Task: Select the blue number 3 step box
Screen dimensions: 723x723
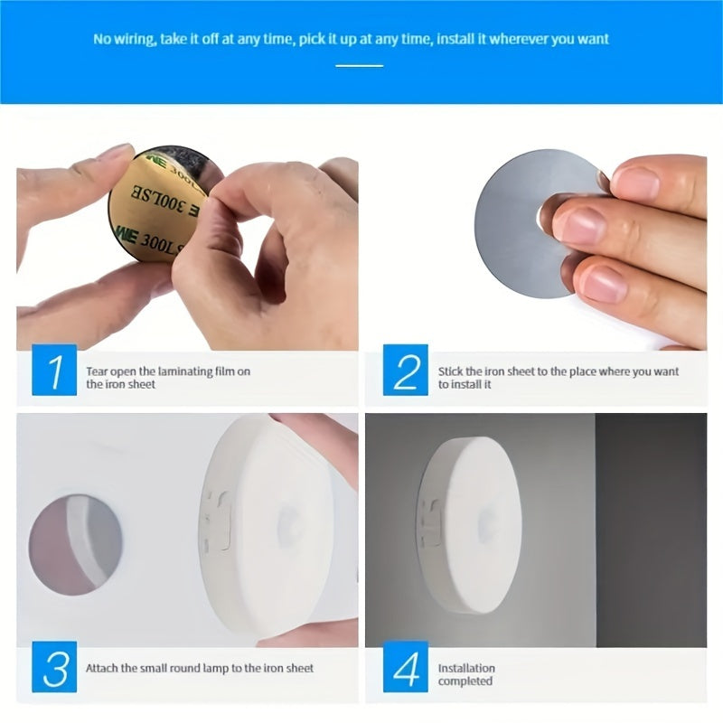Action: point(54,670)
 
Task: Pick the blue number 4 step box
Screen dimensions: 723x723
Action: point(405,670)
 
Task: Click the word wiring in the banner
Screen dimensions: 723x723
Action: point(135,40)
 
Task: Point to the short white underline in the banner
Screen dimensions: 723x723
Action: point(359,65)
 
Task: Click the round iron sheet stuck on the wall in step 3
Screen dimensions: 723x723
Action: point(76,543)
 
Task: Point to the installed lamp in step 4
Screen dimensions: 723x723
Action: point(470,525)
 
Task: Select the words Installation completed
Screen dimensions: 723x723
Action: point(466,674)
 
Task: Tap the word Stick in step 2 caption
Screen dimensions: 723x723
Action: point(450,371)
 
